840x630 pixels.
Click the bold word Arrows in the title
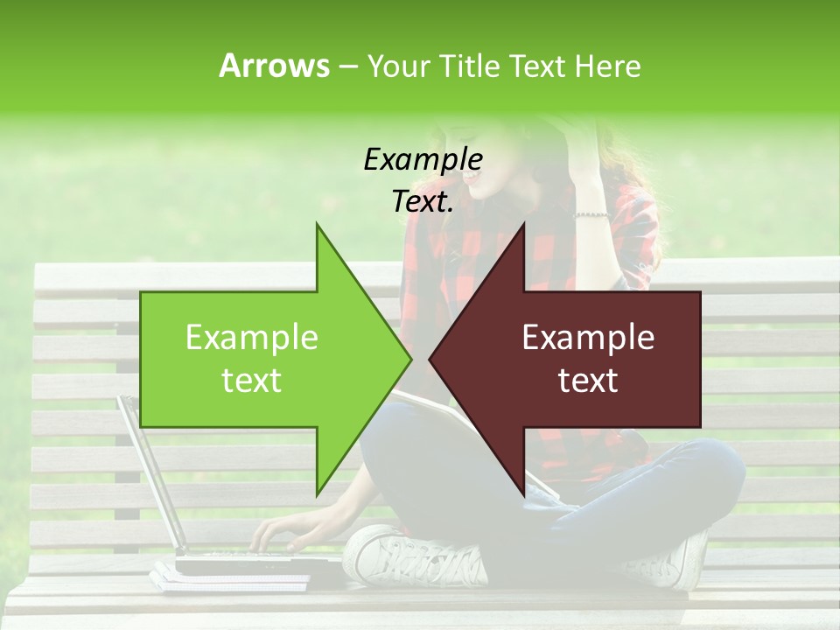[274, 66]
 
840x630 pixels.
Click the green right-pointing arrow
[262, 359]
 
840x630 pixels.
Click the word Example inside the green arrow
[252, 338]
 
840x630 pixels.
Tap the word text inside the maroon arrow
[588, 381]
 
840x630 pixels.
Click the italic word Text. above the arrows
[423, 202]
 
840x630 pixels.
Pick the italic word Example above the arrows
[423, 160]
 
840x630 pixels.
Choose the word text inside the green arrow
[252, 381]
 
